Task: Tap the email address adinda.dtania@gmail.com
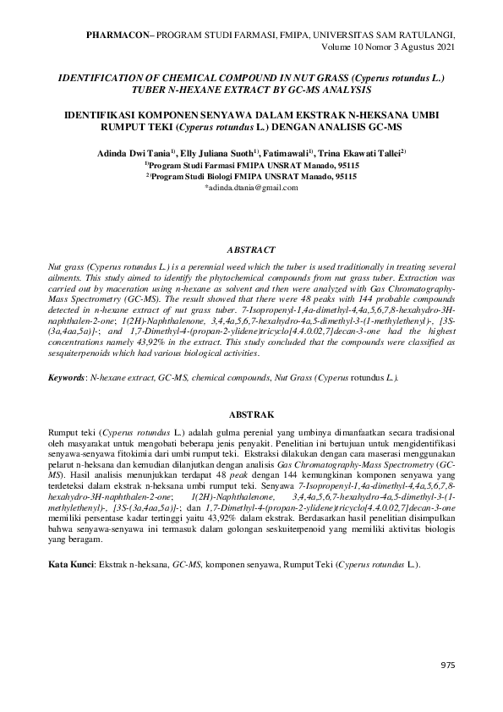tap(251, 188)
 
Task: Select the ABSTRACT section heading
tap(251, 250)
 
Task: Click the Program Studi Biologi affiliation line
tap(251, 177)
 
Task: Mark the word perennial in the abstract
tap(229, 266)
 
